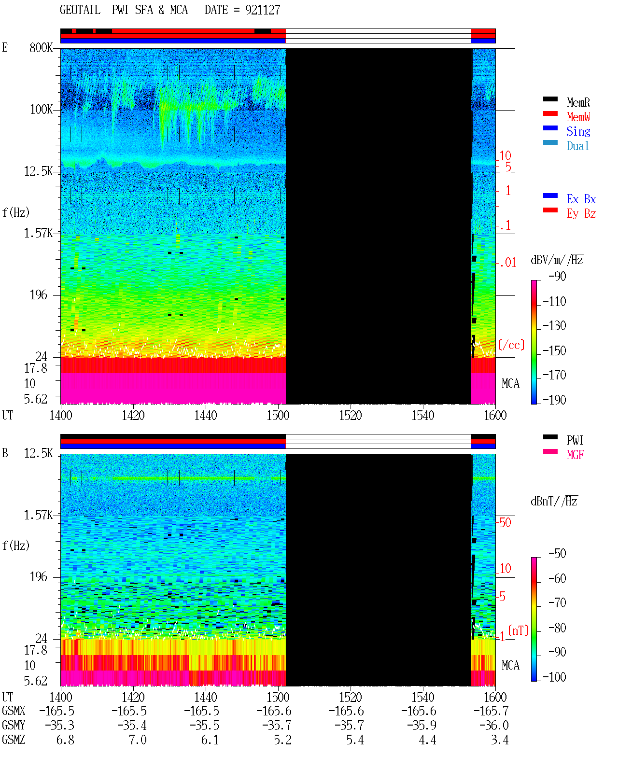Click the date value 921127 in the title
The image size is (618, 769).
[x=262, y=10]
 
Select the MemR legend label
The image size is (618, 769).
[x=578, y=102]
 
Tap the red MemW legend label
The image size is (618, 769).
[x=578, y=117]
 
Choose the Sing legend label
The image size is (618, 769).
[x=578, y=131]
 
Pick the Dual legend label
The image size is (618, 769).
[x=577, y=146]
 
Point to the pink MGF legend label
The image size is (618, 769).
[x=575, y=455]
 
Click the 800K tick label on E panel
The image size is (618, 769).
[x=41, y=47]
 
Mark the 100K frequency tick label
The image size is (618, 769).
[x=41, y=110]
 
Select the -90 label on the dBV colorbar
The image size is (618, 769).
[x=557, y=276]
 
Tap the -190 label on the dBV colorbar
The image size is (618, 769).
[x=554, y=400]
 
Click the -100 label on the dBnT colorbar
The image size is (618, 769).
[x=554, y=677]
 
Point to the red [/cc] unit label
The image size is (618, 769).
[x=511, y=345]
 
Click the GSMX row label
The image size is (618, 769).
[x=14, y=711]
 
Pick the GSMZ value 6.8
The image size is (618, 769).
[x=65, y=740]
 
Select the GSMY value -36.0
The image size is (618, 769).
[x=494, y=726]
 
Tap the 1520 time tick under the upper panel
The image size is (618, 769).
[x=351, y=416]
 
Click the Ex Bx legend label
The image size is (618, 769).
[x=581, y=199]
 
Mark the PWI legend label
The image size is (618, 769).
[x=575, y=440]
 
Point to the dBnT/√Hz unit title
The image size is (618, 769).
[x=554, y=502]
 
